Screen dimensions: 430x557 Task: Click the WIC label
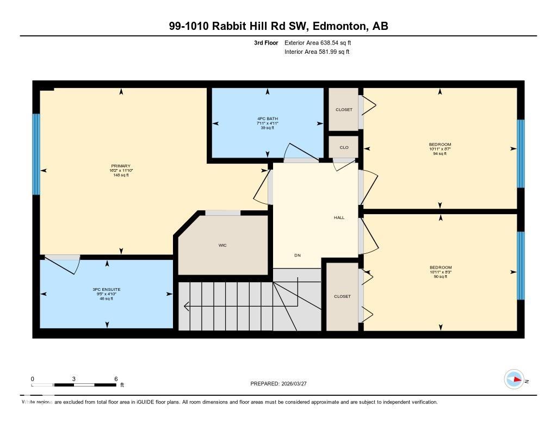(x=222, y=245)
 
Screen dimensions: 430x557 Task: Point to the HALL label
(x=339, y=217)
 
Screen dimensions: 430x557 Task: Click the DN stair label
(x=298, y=255)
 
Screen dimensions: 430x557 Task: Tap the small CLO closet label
(x=344, y=147)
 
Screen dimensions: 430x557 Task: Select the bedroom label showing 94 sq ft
(x=440, y=149)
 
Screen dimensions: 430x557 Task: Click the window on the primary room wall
(x=36, y=154)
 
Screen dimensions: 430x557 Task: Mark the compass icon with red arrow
(x=513, y=379)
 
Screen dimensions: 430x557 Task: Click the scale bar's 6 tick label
(x=116, y=378)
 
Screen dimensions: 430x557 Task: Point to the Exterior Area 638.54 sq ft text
(x=321, y=42)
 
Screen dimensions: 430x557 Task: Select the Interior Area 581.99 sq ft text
(x=317, y=52)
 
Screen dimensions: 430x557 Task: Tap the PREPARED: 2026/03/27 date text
(x=282, y=384)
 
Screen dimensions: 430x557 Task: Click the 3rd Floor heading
(x=265, y=42)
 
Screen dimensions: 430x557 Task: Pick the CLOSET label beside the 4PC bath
(x=344, y=109)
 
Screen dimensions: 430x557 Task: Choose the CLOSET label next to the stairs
(x=342, y=296)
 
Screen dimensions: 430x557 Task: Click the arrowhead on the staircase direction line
(x=186, y=307)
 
